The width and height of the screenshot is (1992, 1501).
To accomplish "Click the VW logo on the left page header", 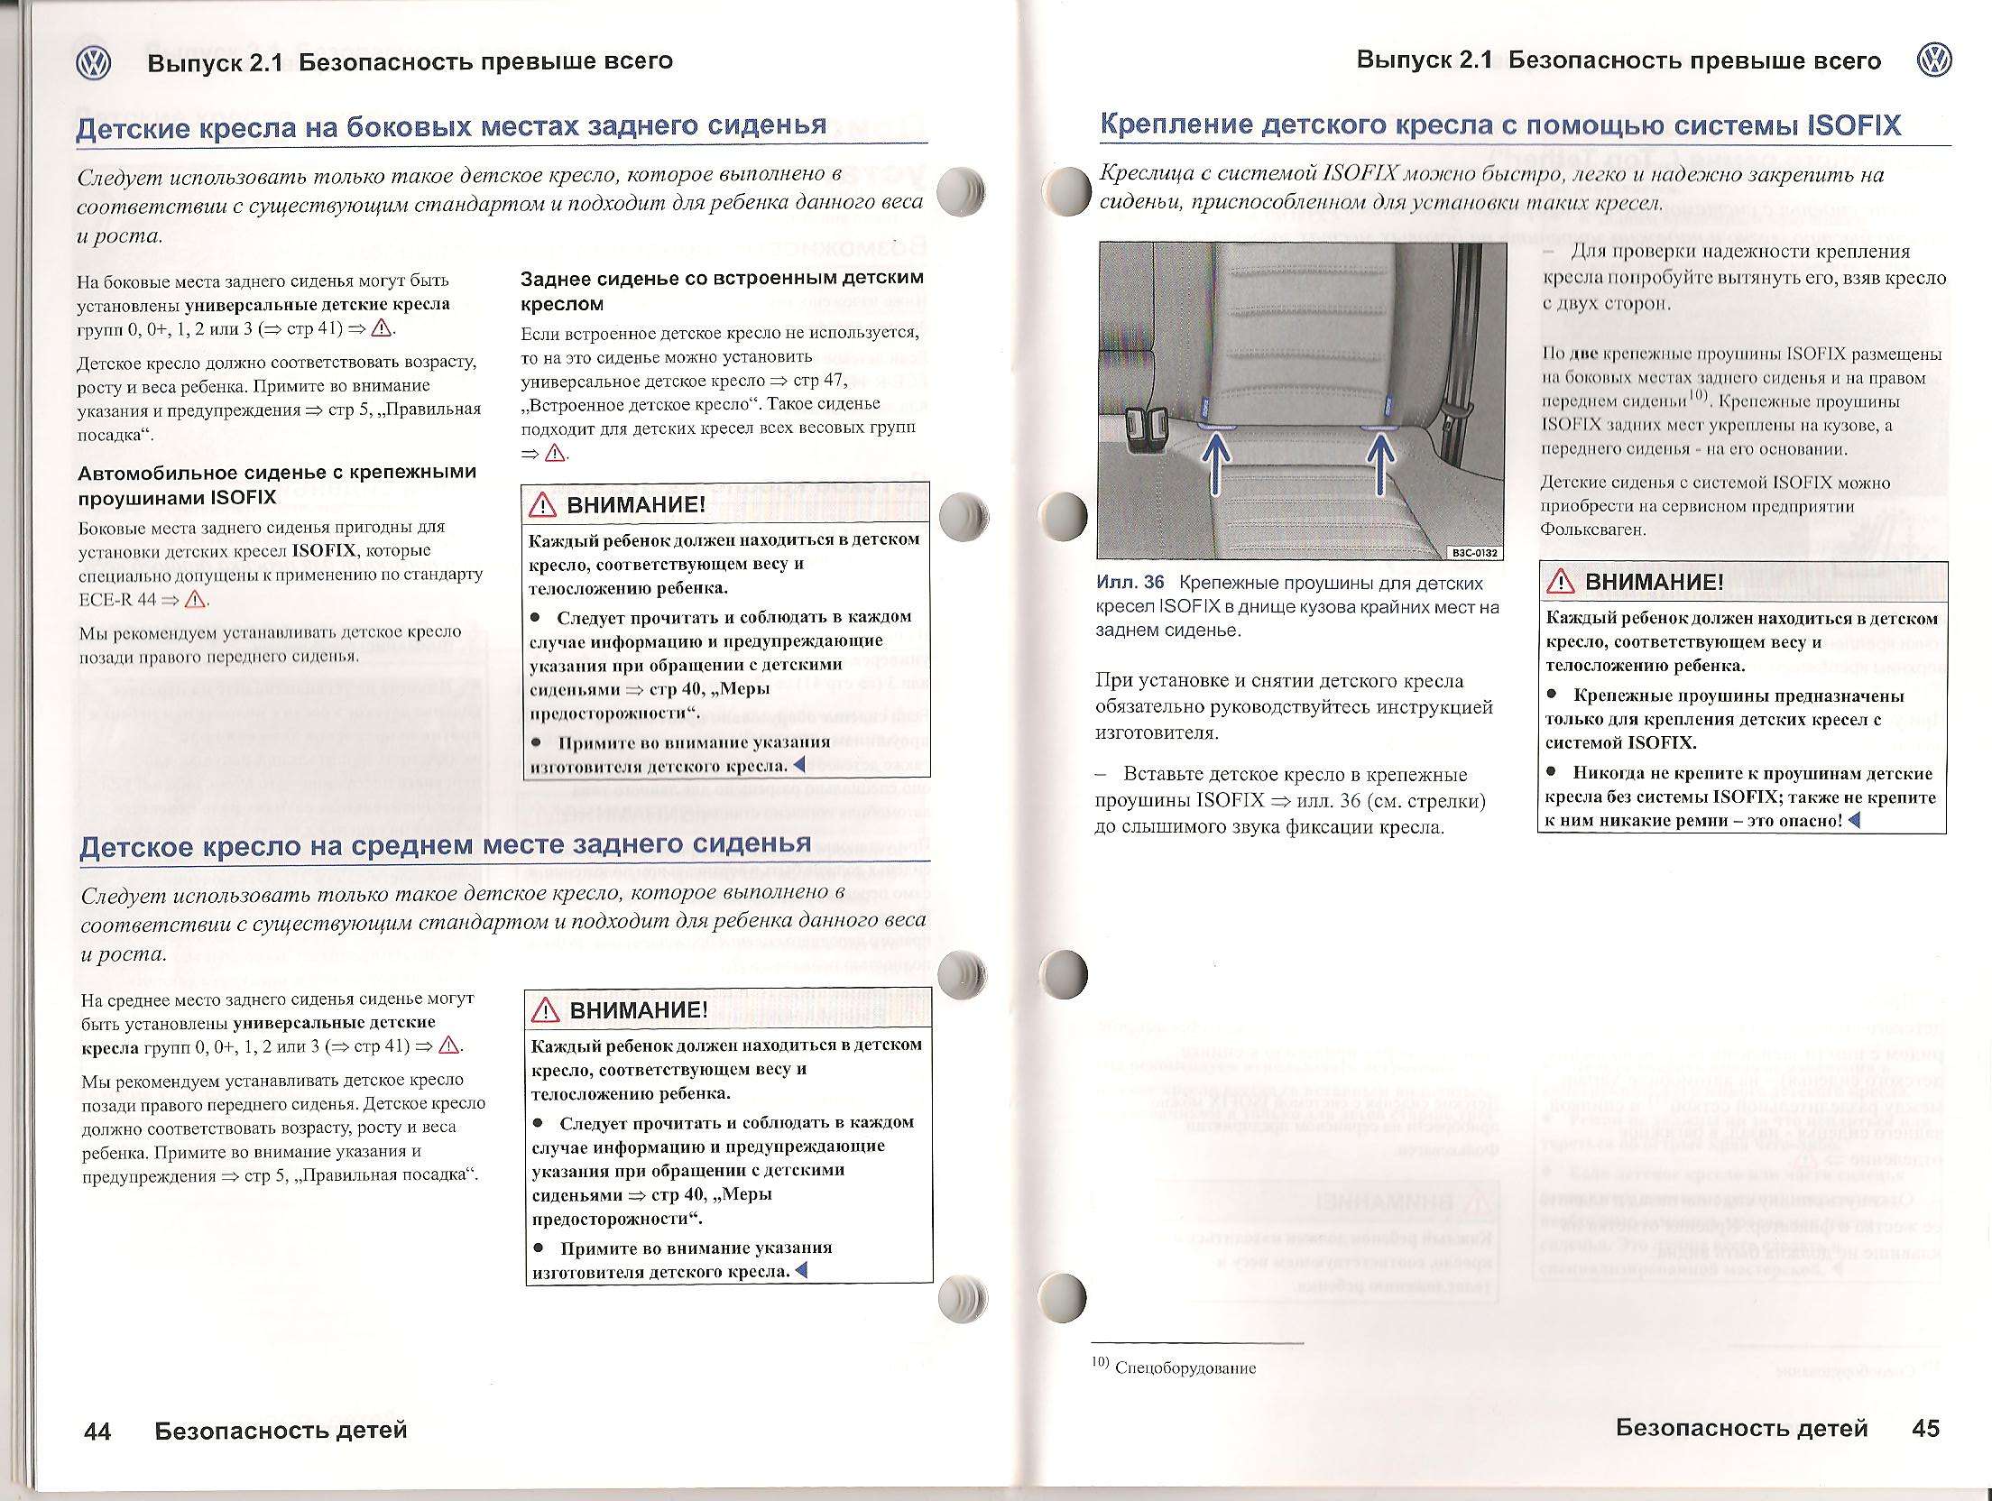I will pyautogui.click(x=93, y=62).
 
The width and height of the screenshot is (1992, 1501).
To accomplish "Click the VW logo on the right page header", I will pyautogui.click(x=1932, y=60).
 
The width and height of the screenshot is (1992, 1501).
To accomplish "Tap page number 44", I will pyautogui.click(x=97, y=1431).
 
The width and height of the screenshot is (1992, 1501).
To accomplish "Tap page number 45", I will pyautogui.click(x=1925, y=1427).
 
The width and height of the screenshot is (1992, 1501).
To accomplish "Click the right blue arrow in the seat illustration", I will pyautogui.click(x=1379, y=461).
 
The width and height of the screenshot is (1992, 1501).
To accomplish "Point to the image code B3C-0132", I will pyautogui.click(x=1474, y=552).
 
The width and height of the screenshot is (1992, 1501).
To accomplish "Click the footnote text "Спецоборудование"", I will pyautogui.click(x=1185, y=1368).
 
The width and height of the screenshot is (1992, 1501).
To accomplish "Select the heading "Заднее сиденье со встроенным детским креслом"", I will pyautogui.click(x=722, y=290).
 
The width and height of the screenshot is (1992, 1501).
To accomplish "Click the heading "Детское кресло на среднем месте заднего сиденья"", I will pyautogui.click(x=446, y=845).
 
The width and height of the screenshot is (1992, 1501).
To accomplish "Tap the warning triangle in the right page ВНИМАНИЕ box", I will pyautogui.click(x=1560, y=583).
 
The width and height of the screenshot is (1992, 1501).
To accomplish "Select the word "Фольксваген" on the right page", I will pyautogui.click(x=1593, y=529).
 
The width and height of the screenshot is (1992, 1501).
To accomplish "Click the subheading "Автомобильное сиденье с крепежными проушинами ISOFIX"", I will pyautogui.click(x=277, y=484).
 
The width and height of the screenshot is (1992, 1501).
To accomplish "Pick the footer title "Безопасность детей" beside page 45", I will pyautogui.click(x=1741, y=1427).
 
